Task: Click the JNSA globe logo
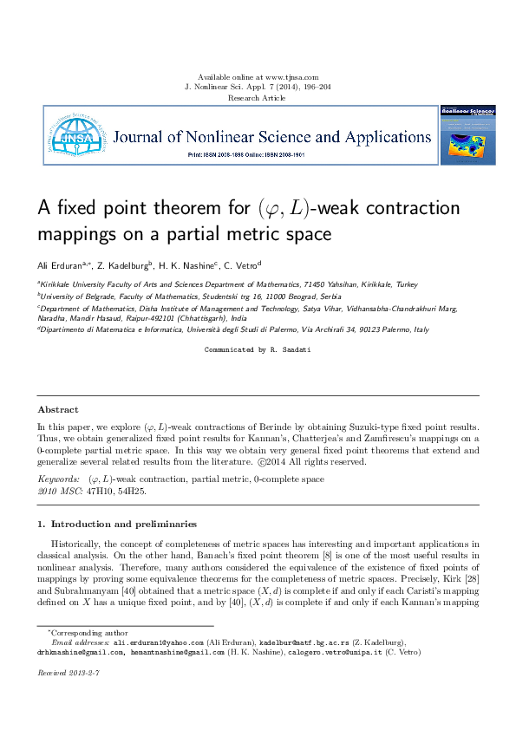(77, 135)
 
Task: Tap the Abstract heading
(57, 409)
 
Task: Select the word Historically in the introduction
(78, 544)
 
